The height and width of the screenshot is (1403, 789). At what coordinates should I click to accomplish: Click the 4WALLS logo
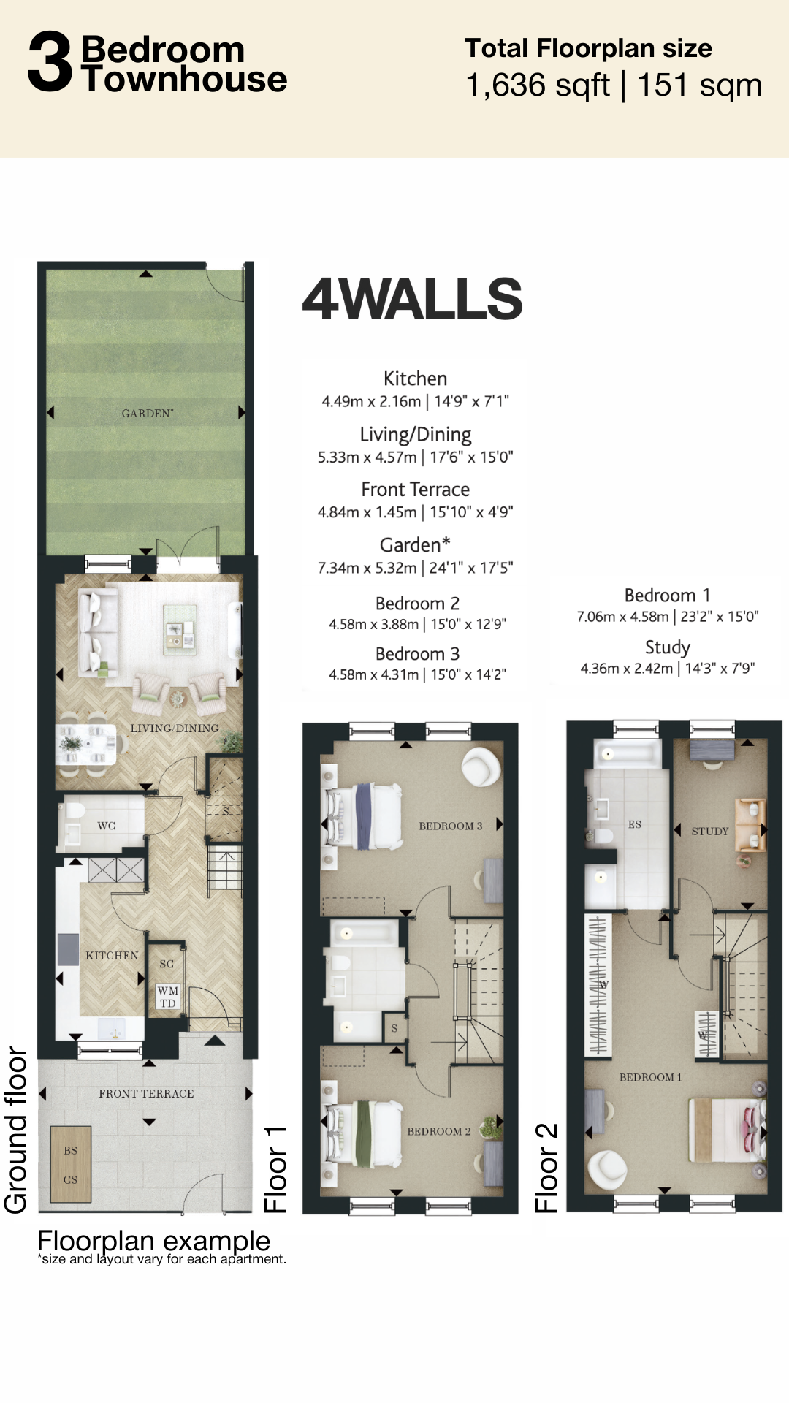(x=413, y=298)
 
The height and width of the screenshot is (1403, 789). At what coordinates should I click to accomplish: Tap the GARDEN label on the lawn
(x=148, y=413)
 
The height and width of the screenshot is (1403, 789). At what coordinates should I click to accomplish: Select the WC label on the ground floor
(x=107, y=826)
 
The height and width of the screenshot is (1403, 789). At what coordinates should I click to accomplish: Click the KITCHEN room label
(x=112, y=955)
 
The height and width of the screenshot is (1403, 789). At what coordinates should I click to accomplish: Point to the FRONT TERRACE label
(x=146, y=1093)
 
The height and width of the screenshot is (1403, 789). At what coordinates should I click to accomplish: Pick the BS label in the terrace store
(x=70, y=1150)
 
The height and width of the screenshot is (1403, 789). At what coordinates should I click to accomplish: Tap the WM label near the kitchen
(x=168, y=991)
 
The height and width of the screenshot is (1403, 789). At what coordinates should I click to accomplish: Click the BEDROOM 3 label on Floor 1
(x=451, y=826)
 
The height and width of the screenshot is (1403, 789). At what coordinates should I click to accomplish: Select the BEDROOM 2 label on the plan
(x=439, y=1131)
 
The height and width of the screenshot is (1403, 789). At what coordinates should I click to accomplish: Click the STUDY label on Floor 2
(x=710, y=831)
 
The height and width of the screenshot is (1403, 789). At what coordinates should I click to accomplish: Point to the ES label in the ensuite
(x=635, y=824)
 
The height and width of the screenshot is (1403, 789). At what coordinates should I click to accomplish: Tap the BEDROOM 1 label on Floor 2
(x=650, y=1077)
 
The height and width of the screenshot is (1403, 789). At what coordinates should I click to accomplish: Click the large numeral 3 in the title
(x=50, y=62)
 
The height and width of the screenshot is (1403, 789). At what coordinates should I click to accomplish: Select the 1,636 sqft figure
(x=538, y=85)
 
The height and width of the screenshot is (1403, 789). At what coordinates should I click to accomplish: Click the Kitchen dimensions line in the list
(x=415, y=401)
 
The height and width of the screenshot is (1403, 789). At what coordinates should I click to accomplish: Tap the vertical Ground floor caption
(x=15, y=1130)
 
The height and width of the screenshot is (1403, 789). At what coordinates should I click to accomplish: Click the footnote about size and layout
(x=161, y=1259)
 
